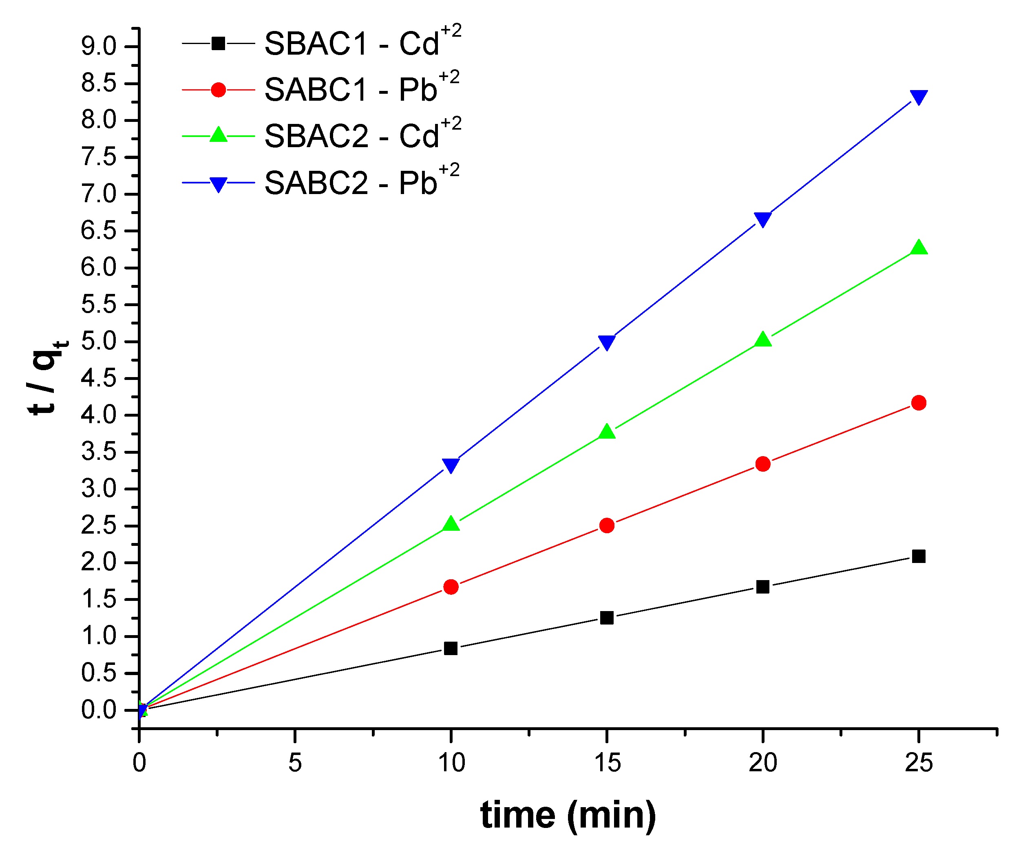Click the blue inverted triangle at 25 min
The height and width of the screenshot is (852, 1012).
tap(918, 97)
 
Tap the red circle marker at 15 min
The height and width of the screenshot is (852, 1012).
tap(607, 525)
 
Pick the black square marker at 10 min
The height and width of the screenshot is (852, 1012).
tap(451, 648)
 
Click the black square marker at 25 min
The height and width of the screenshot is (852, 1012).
tap(918, 556)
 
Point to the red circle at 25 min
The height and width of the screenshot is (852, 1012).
tap(918, 403)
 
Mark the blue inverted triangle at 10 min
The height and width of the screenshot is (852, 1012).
tap(451, 465)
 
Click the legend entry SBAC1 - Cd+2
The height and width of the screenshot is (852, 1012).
tap(362, 44)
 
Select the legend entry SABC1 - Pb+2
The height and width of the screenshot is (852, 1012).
tap(361, 90)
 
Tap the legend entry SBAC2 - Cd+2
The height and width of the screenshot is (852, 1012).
tap(362, 136)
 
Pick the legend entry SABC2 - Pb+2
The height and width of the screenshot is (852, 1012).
tap(361, 183)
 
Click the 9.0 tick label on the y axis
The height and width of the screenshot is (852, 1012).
tap(99, 47)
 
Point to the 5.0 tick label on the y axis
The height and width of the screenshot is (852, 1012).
tap(99, 342)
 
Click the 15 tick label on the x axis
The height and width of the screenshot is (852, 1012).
tap(607, 764)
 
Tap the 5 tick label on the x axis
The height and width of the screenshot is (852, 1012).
tap(295, 764)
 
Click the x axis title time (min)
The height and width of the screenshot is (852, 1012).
tap(568, 815)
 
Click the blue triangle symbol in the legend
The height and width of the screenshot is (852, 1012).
tap(218, 184)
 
